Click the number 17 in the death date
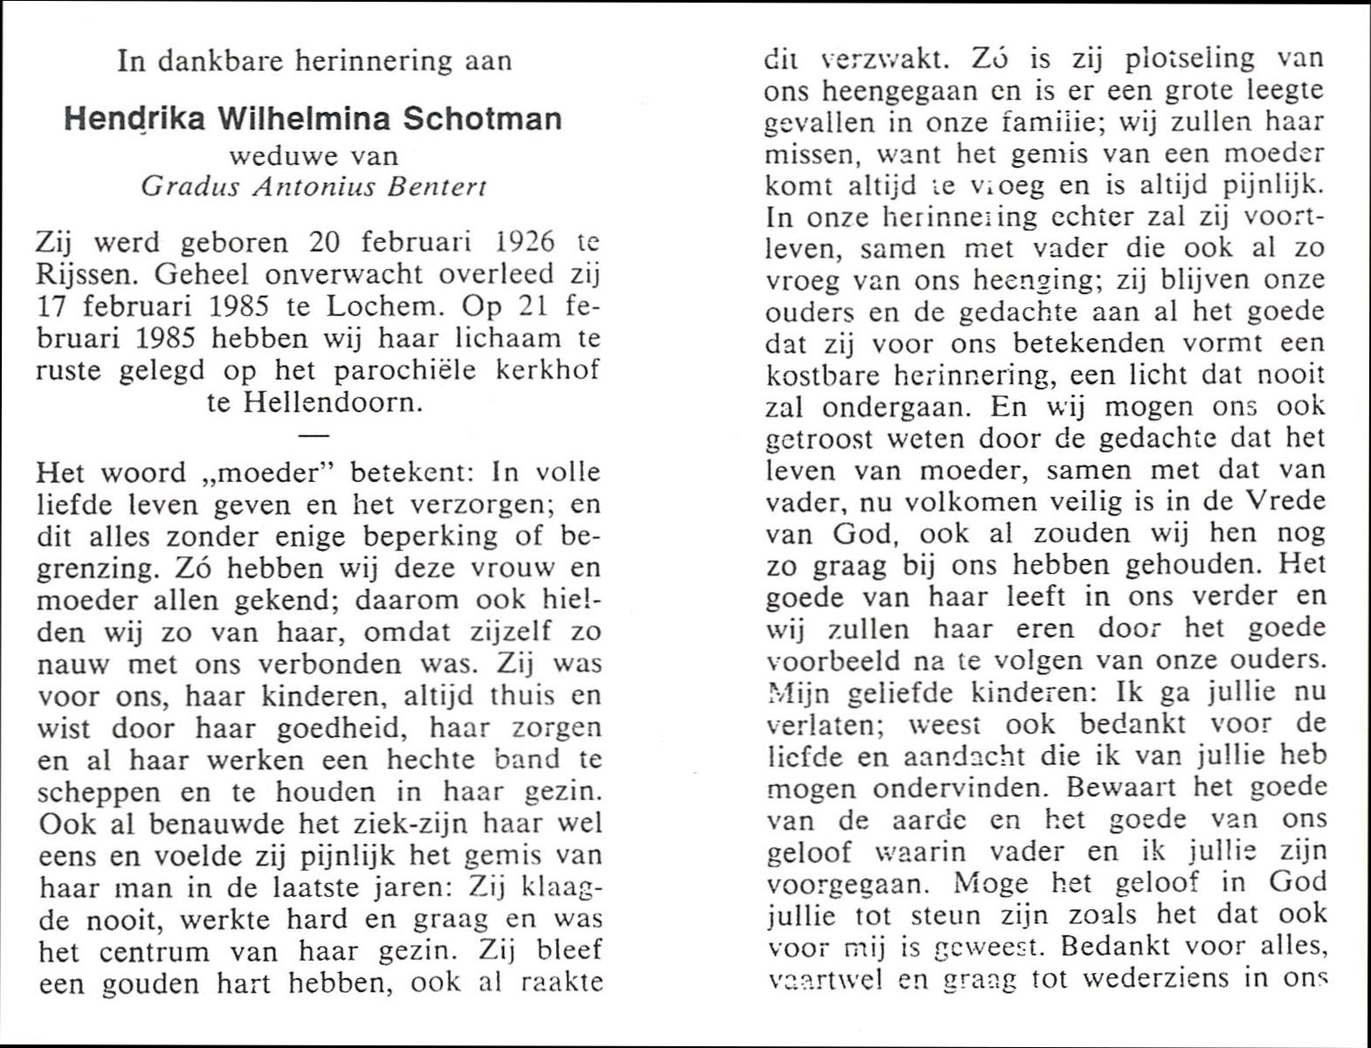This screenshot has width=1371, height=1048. [x=52, y=307]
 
